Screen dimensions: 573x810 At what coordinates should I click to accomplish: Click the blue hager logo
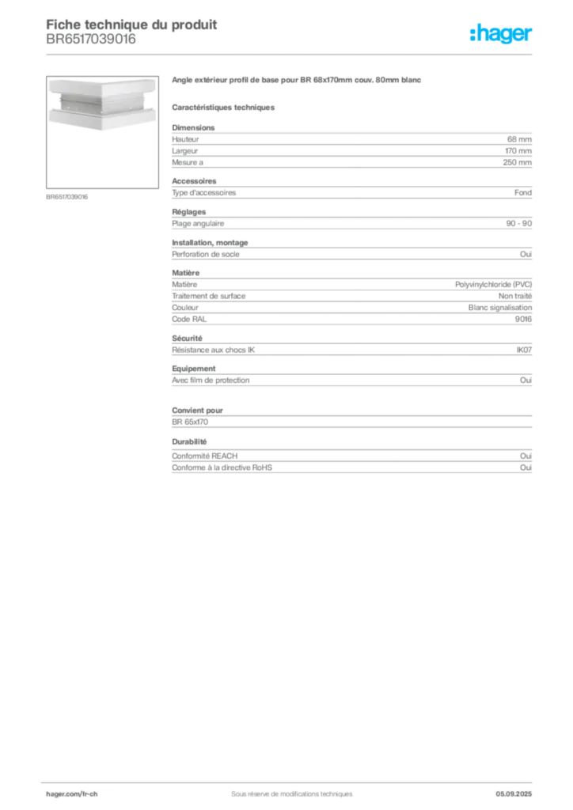point(502,35)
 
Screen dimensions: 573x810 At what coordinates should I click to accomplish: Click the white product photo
point(96,100)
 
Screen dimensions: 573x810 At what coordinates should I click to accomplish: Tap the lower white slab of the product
point(96,117)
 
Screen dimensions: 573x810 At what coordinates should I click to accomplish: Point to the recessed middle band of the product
point(96,102)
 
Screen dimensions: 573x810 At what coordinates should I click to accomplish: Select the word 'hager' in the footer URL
point(57,793)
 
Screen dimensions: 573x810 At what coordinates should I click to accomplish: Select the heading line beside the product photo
point(297,81)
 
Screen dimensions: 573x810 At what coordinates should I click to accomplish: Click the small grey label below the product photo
point(66,197)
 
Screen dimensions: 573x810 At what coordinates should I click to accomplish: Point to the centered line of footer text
point(286,789)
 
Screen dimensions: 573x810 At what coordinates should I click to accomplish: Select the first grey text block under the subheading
point(351,146)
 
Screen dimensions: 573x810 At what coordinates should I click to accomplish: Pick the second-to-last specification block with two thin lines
point(351,414)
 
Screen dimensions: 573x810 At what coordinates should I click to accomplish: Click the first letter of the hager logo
point(472,35)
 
